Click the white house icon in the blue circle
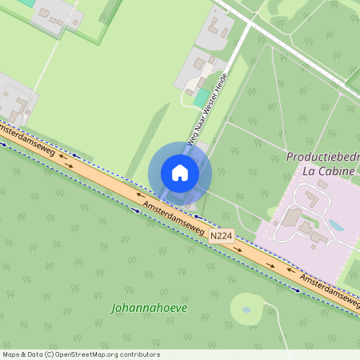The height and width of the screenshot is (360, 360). coord(180,173)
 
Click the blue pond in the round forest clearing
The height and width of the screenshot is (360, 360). coord(246,309)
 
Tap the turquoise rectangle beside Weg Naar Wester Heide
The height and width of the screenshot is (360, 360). coord(201,98)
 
